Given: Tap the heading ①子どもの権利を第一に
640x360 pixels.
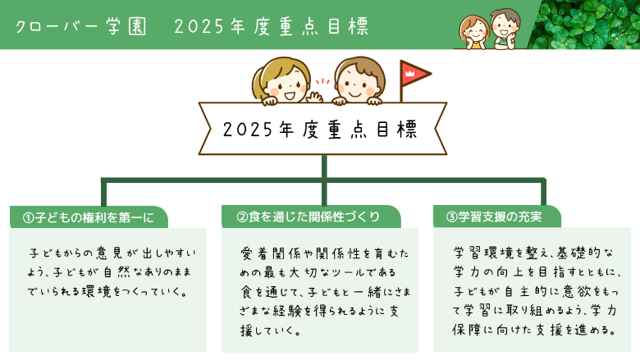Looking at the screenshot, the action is pyautogui.click(x=89, y=217).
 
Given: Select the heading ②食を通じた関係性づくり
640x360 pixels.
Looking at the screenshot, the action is pyautogui.click(x=309, y=216).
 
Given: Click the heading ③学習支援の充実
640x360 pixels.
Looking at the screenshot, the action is pyautogui.click(x=494, y=216).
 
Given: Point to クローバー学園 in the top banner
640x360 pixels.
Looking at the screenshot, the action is pyautogui.click(x=80, y=27).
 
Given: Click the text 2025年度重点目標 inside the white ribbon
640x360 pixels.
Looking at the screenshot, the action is pyautogui.click(x=320, y=130).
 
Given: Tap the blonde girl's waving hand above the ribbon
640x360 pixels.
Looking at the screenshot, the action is pyautogui.click(x=314, y=98).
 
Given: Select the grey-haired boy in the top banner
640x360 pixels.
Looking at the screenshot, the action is pyautogui.click(x=505, y=29).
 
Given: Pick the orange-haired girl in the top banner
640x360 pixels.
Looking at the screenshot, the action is pyautogui.click(x=474, y=33).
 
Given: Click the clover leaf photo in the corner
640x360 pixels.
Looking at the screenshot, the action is pyautogui.click(x=583, y=25).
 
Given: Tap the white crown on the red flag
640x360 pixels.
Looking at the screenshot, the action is pyautogui.click(x=409, y=73).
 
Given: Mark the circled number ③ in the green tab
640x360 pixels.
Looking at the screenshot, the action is pyautogui.click(x=451, y=216).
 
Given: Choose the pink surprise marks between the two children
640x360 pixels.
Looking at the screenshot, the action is pyautogui.click(x=322, y=81).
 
